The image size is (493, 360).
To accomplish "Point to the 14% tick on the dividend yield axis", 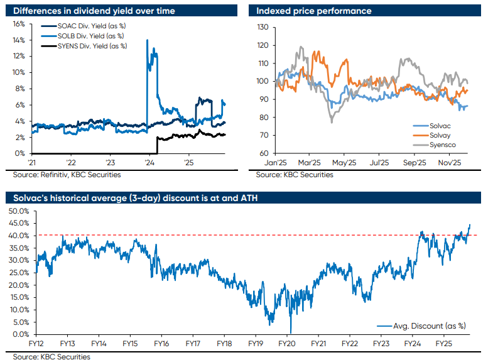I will point(19,40).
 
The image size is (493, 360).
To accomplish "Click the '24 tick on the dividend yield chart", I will point(149,161).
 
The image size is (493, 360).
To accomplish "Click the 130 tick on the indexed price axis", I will point(263,28).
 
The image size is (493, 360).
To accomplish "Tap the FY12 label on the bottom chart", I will point(36,344).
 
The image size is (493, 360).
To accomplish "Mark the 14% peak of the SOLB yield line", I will point(147,40).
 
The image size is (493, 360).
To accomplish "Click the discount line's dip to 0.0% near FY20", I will point(290,332).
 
